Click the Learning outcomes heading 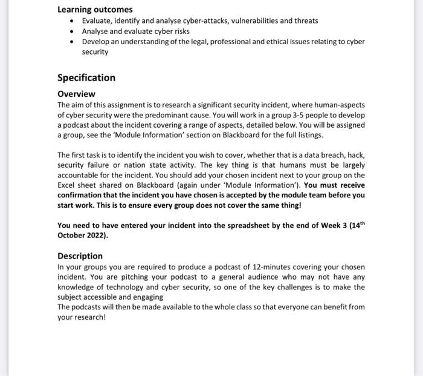[x=95, y=10]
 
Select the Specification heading [x=86, y=78]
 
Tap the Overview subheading [x=76, y=94]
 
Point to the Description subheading [x=80, y=256]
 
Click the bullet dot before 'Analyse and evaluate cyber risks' [x=72, y=31]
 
